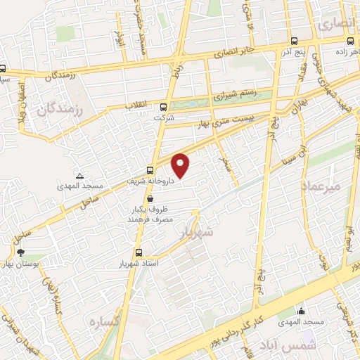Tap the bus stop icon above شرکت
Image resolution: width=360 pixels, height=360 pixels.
coord(164,108)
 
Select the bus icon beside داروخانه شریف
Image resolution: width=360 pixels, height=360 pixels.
coord(150,169)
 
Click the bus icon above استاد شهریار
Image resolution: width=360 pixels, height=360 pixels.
coord(139,253)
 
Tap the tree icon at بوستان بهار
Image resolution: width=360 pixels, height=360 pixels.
coord(20,252)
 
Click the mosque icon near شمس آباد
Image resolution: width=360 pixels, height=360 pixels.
coord(302,311)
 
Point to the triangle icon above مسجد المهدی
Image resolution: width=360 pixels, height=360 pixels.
coord(79,175)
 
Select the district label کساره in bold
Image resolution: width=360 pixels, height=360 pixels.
coord(103,321)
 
